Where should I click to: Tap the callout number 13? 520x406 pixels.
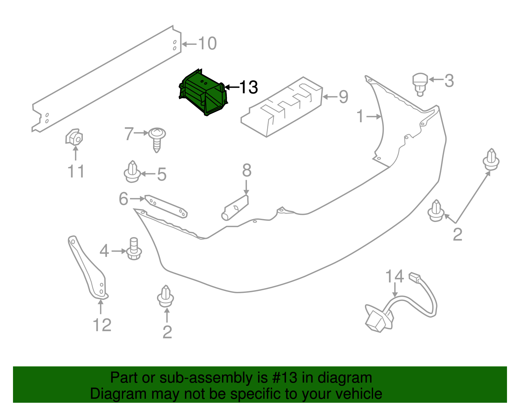tap(248, 87)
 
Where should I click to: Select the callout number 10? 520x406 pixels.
tap(207, 44)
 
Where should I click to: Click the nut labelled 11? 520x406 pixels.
tap(74, 137)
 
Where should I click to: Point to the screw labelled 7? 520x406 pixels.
tap(157, 139)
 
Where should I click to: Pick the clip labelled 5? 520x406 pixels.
tap(132, 172)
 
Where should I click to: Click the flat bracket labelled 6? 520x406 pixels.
tap(166, 206)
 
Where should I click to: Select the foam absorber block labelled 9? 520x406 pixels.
tap(282, 107)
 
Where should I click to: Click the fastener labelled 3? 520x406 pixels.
tap(420, 84)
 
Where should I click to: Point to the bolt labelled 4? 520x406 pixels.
tap(134, 249)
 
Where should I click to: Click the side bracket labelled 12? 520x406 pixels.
tap(87, 268)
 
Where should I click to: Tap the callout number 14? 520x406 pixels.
tap(395, 276)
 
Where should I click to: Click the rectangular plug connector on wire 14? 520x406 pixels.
tap(415, 277)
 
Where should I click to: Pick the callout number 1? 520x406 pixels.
tap(360, 116)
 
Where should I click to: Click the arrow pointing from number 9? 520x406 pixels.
tap(330, 97)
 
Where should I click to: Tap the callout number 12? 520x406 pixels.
tap(102, 325)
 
